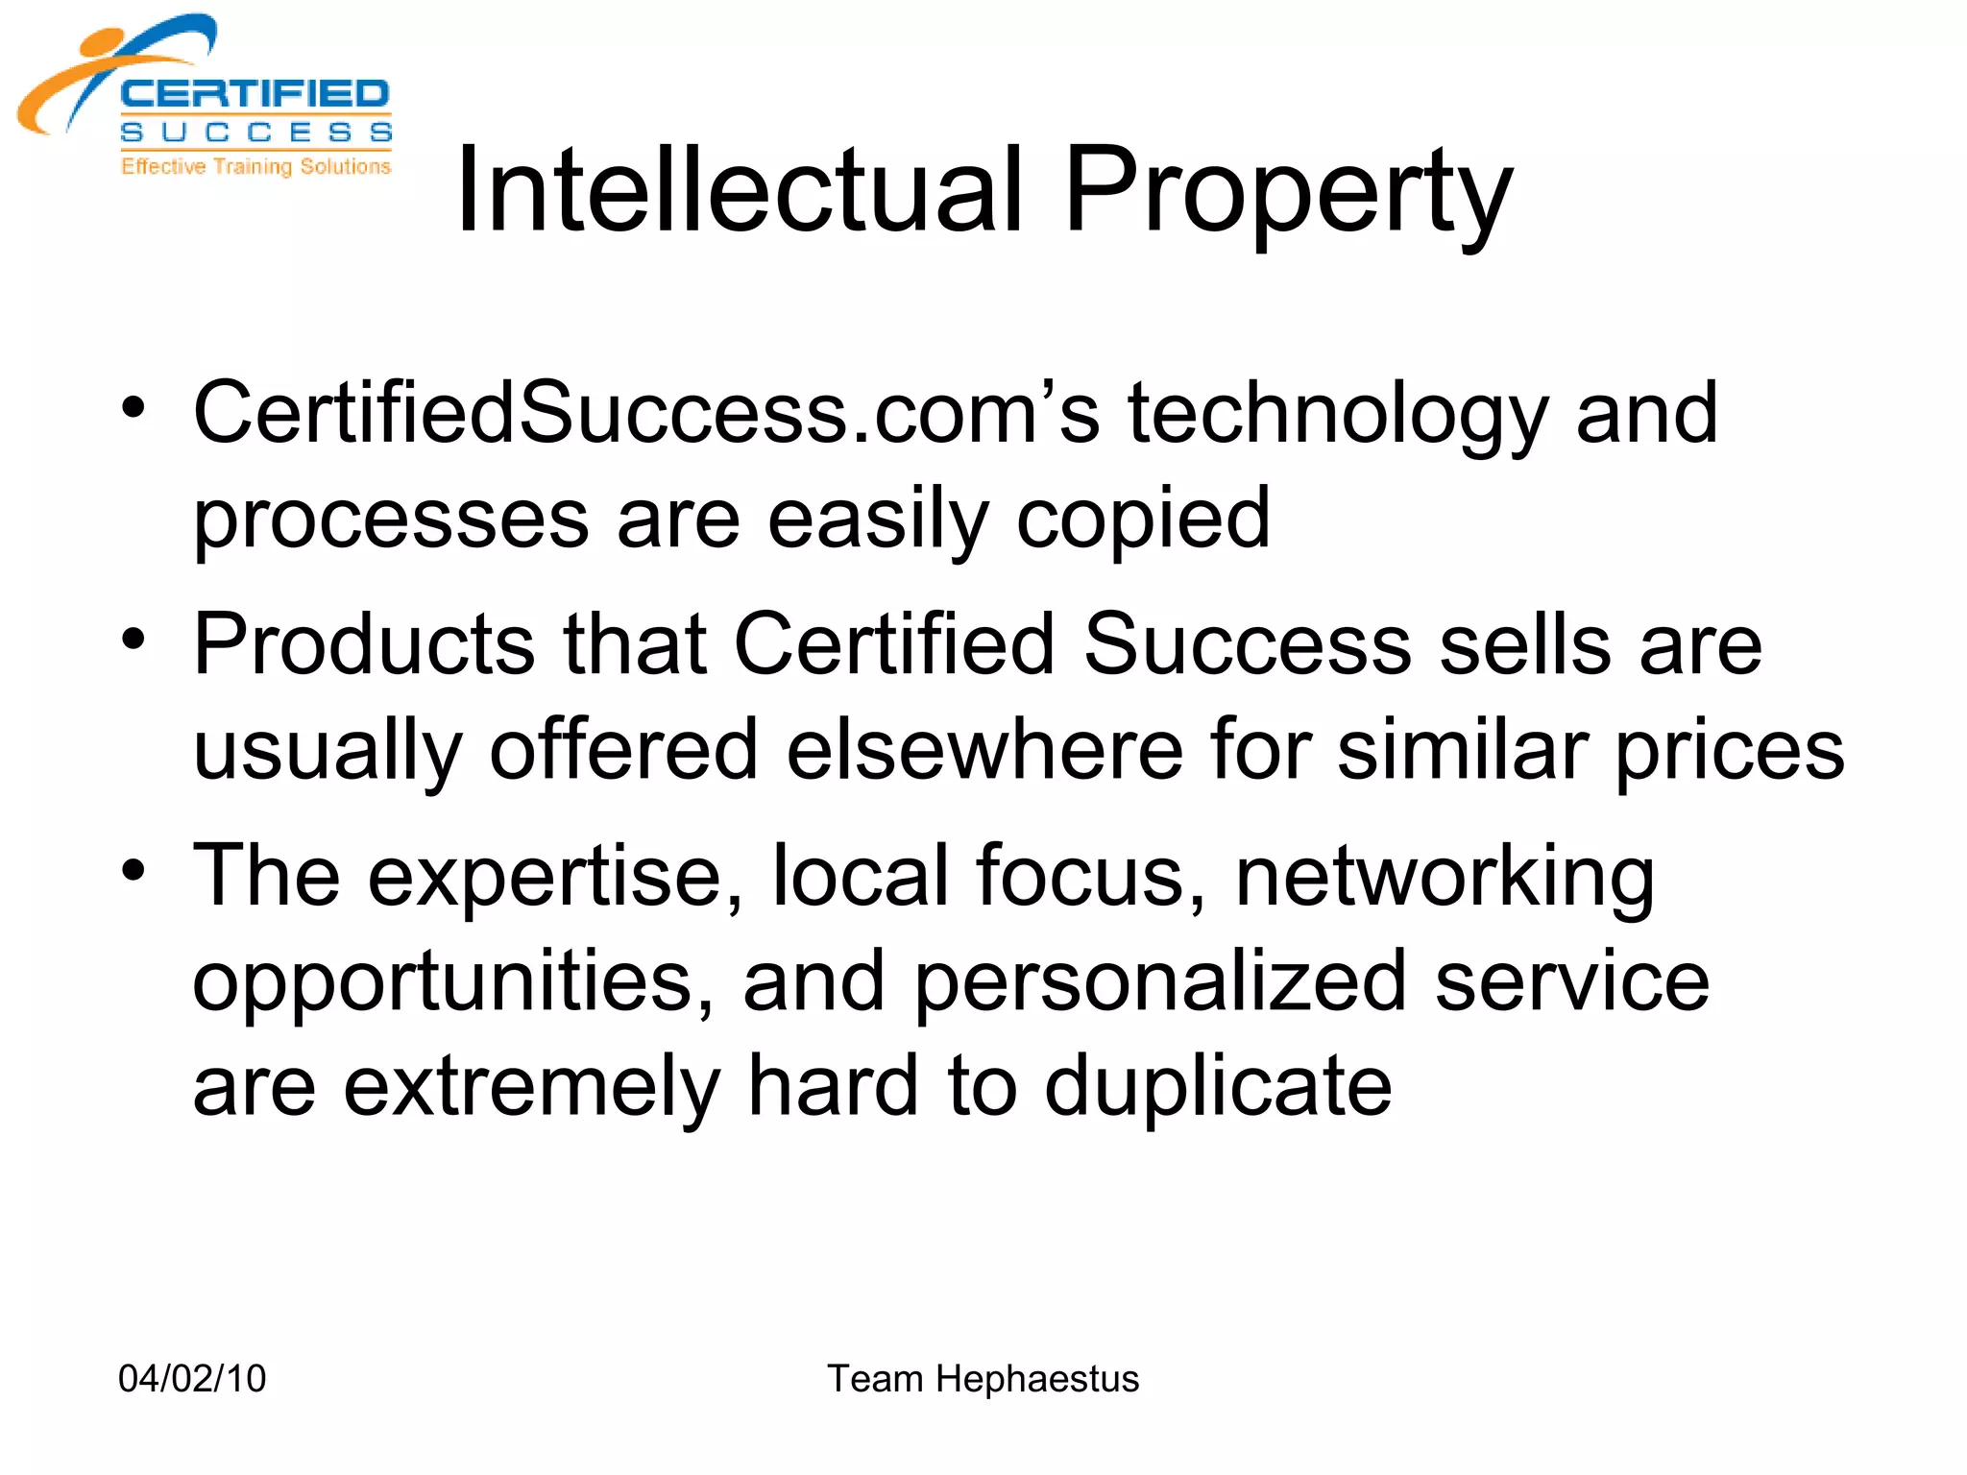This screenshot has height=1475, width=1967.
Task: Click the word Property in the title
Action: click(1288, 192)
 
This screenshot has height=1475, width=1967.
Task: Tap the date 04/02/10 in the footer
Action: click(192, 1378)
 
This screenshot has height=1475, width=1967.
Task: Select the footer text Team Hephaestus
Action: click(983, 1378)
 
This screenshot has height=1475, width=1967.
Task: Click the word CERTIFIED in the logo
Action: click(255, 94)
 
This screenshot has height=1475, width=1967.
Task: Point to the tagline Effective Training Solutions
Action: click(255, 166)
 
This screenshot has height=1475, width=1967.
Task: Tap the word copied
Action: click(1143, 520)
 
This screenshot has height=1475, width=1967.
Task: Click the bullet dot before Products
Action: click(134, 640)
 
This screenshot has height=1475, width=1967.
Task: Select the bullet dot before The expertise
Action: click(134, 871)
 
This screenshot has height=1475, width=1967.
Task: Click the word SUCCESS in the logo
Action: click(255, 133)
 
